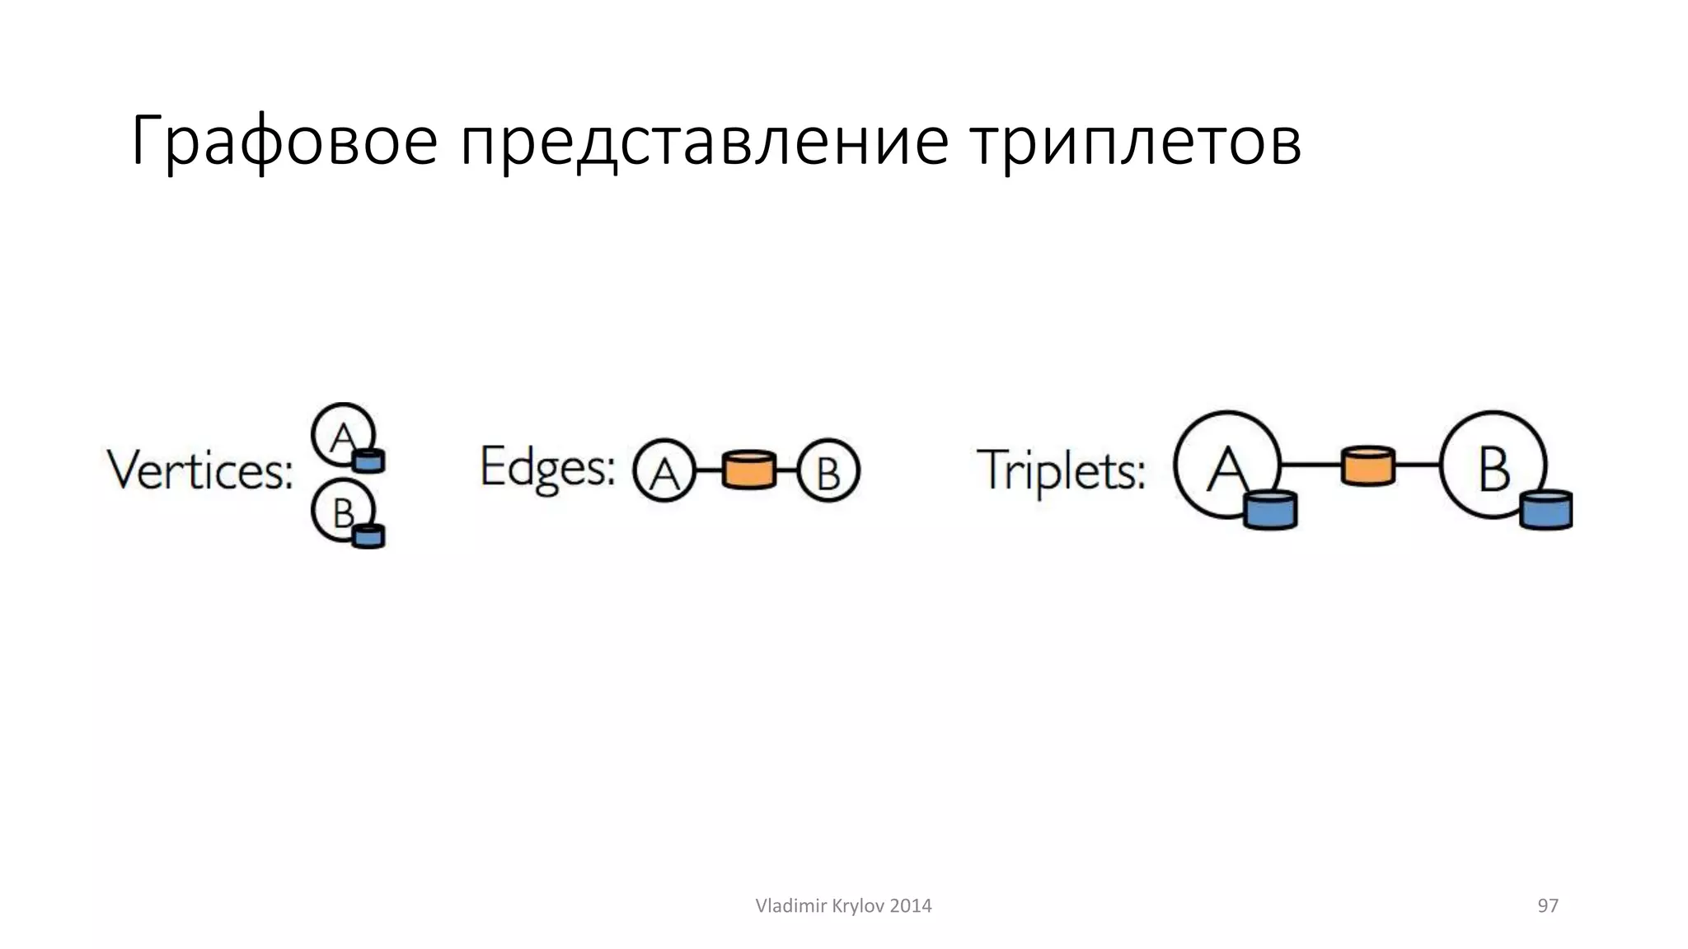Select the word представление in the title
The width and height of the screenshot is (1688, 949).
click(704, 142)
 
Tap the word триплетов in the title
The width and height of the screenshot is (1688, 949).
click(1135, 142)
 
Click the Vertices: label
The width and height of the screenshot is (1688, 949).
click(200, 470)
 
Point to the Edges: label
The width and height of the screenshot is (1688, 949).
click(547, 467)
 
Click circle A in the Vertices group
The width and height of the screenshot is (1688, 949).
click(340, 433)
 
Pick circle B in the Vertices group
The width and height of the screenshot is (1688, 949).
click(340, 511)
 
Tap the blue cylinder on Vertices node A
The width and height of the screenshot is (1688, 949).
click(368, 460)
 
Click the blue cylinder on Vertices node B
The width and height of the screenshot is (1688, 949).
click(368, 535)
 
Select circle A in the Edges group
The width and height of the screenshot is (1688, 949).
click(663, 472)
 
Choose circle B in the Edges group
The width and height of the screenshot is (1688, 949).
click(828, 472)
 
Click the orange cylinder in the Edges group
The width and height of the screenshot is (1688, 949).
click(748, 470)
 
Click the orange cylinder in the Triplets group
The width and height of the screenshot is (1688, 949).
click(1368, 465)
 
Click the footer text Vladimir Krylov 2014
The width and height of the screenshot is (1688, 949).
click(843, 906)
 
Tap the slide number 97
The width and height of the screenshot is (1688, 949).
click(1548, 906)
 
